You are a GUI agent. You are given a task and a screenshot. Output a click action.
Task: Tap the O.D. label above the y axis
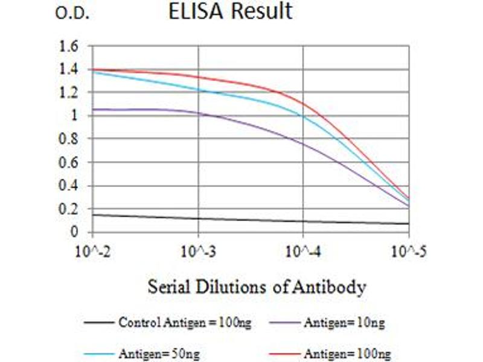point(72,13)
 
